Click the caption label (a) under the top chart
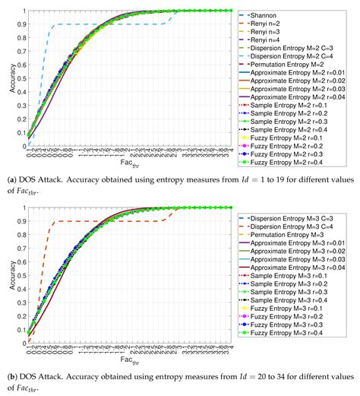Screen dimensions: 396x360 click(10, 179)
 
